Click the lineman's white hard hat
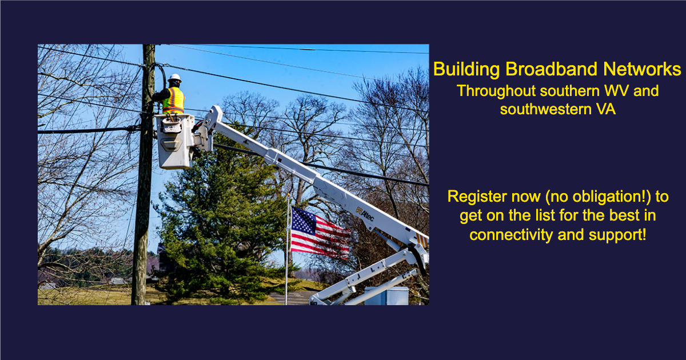[x=175, y=78]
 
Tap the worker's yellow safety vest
[x=173, y=101]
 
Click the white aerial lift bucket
[x=174, y=141]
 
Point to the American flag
[x=320, y=233]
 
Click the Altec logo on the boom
[x=365, y=214]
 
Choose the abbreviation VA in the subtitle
[x=605, y=109]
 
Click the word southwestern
[x=545, y=110]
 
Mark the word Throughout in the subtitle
[x=496, y=91]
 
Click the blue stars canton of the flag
[x=304, y=220]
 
